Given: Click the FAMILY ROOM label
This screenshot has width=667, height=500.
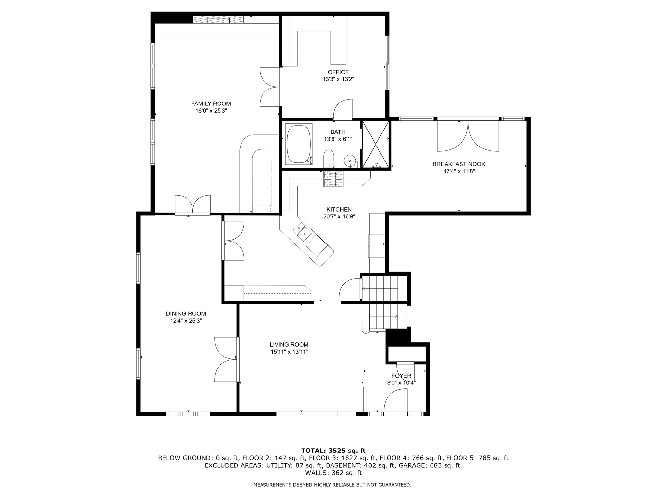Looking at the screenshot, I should [x=211, y=104].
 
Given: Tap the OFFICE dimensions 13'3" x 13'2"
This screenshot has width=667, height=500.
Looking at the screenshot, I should [x=338, y=79].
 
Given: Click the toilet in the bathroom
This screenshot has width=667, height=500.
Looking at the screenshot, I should [x=329, y=158].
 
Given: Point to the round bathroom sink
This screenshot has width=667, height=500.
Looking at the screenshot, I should [x=349, y=161].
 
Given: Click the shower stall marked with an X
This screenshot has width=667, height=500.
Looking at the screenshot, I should [x=376, y=144].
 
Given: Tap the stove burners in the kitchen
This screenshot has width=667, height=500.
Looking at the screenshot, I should [x=333, y=179].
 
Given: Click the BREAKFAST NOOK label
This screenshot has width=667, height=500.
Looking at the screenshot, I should [x=459, y=164].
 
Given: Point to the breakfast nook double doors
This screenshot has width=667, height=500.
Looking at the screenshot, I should [x=468, y=136].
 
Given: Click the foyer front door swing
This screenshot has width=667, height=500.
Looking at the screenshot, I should [x=396, y=402].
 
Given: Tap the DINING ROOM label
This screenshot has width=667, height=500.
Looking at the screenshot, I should [x=186, y=313].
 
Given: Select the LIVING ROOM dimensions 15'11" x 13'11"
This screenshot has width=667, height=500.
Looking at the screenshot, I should [x=289, y=352].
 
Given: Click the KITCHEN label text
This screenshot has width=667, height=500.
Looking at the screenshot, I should [x=339, y=209].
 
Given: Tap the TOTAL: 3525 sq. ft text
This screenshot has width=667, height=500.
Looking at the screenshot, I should [x=333, y=451].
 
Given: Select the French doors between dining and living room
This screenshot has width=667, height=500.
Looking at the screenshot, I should [x=226, y=359].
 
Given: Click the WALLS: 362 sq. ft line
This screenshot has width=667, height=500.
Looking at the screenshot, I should [x=333, y=473].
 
